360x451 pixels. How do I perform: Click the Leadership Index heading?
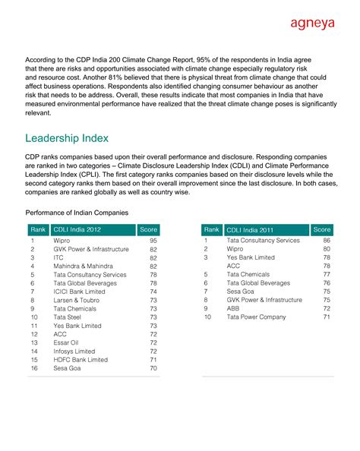[77, 138]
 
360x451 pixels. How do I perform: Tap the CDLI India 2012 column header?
[77, 229]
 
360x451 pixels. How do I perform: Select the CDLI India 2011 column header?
[251, 229]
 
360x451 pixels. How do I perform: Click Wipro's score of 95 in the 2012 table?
[153, 240]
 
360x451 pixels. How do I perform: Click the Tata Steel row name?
[68, 317]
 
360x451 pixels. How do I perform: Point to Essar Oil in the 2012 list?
[66, 342]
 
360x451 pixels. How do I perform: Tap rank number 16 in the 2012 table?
[33, 368]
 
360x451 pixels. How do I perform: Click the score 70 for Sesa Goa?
[153, 368]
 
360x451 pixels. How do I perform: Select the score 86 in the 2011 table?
[327, 240]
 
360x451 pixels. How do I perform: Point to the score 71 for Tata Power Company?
[327, 317]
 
